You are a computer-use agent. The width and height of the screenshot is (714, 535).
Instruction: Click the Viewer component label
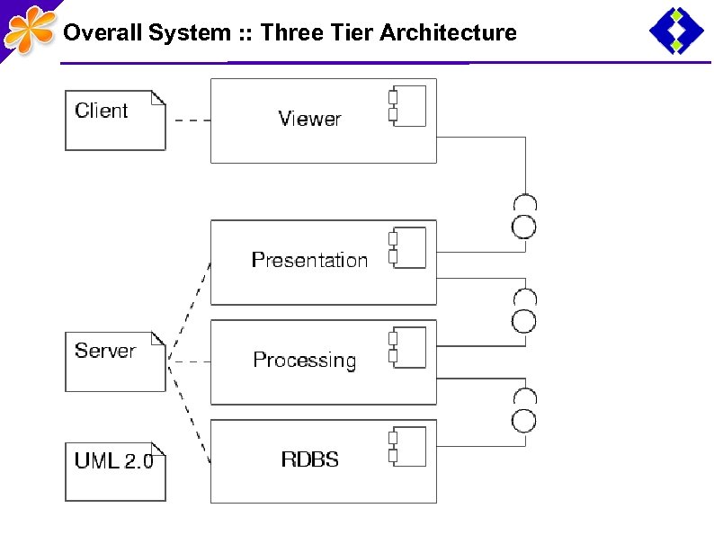pos(309,119)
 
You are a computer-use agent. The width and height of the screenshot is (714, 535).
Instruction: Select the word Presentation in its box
pos(309,261)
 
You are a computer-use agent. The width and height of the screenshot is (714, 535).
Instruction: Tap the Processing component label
pos(304,361)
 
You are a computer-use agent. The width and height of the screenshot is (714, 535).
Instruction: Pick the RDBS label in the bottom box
pos(309,459)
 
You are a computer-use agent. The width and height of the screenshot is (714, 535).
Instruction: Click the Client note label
pos(102,111)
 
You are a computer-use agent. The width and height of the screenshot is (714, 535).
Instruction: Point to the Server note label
pos(105,351)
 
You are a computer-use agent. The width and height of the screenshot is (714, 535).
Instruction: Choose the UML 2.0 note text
pos(113,461)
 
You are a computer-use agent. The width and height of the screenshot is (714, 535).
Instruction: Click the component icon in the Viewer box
pos(407,105)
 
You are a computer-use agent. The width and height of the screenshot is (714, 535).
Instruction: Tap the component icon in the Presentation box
pos(407,248)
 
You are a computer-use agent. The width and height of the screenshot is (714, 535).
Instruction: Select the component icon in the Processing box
pos(407,348)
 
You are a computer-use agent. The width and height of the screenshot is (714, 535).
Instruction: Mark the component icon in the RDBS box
pos(407,447)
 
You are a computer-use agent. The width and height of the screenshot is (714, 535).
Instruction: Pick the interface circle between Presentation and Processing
pos(524,320)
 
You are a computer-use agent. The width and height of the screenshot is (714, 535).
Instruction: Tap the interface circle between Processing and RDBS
pos(524,419)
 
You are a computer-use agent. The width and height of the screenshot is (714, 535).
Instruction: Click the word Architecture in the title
pos(448,33)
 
